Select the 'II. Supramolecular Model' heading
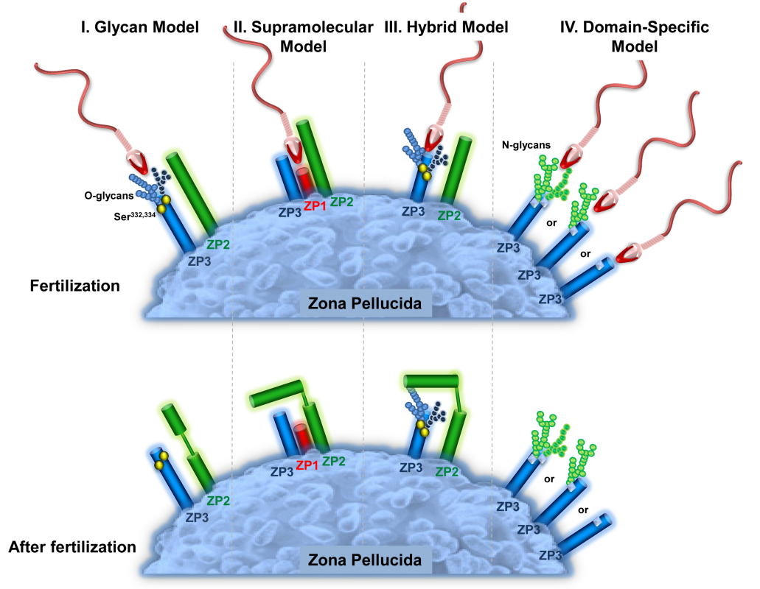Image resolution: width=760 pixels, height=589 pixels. point(303,37)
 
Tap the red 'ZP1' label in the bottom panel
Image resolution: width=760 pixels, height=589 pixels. point(307,465)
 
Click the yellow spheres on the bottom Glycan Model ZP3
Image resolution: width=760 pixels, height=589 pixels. point(159,460)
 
